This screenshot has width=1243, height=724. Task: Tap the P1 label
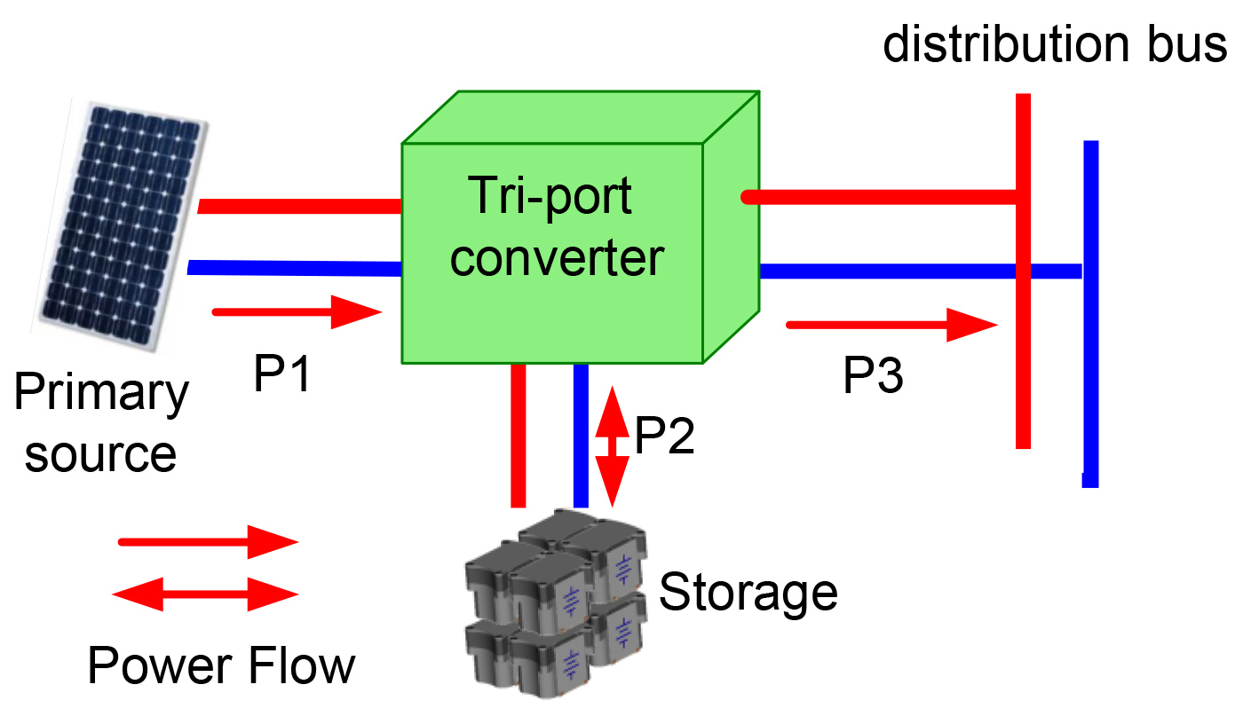coord(282,374)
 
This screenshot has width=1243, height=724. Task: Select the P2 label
coord(664,435)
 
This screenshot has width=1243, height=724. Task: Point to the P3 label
coord(873,376)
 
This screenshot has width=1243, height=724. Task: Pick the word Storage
coord(748,591)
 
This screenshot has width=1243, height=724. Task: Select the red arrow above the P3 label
coord(891,325)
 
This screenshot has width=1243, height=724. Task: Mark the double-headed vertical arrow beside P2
coord(611,446)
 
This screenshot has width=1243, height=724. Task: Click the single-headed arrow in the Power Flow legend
coord(208,542)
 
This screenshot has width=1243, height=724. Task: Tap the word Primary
coord(101,393)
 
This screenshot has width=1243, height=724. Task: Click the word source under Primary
coord(100,453)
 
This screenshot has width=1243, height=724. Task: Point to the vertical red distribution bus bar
coord(1023,355)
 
